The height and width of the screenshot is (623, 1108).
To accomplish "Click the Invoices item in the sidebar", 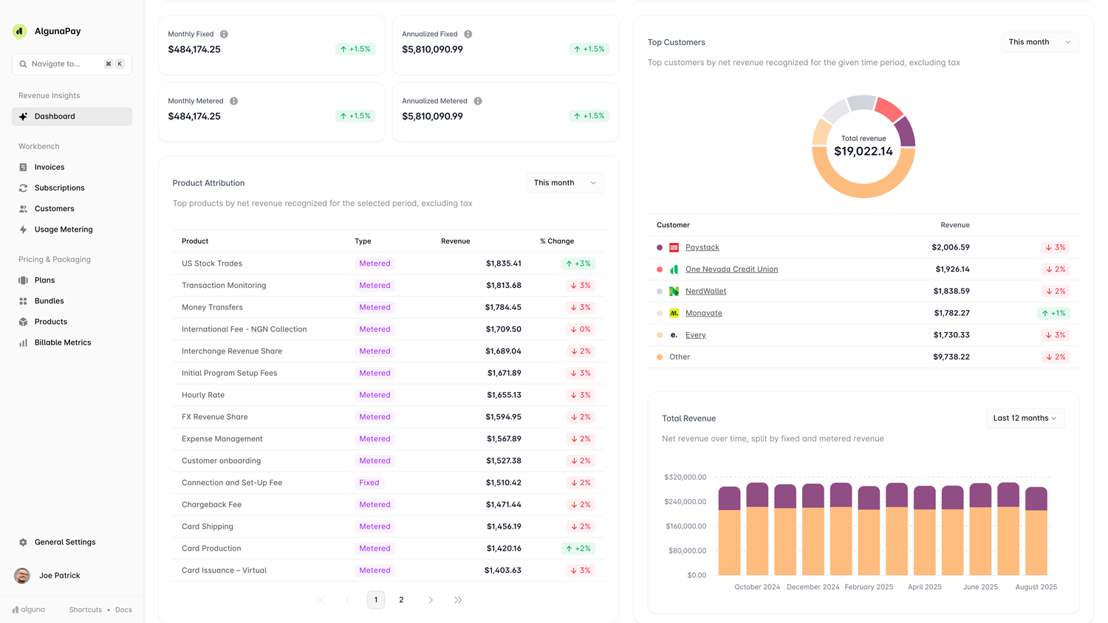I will click(49, 168).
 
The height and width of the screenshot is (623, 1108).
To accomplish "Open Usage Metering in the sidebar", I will click(63, 230).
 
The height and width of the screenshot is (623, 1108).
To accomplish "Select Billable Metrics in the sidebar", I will click(62, 343).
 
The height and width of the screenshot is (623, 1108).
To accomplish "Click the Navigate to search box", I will click(72, 64).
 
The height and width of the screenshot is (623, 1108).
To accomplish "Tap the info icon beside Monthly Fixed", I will click(224, 35).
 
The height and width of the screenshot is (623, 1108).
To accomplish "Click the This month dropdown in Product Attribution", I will click(564, 183).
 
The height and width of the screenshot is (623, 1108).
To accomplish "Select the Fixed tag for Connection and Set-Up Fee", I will click(369, 483).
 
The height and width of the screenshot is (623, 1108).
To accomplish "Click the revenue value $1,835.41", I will click(503, 264).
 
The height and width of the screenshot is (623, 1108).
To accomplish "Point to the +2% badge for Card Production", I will click(578, 548).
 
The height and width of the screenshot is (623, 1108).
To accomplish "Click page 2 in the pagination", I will click(401, 600).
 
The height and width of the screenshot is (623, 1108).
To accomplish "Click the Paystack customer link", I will click(702, 247).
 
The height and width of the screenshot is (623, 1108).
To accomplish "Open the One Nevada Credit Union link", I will click(731, 269).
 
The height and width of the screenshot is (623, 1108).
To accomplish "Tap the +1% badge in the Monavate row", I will click(1053, 313).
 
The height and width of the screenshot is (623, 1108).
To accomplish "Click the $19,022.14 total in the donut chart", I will click(863, 151).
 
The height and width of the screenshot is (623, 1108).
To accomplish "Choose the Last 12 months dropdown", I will click(1025, 419).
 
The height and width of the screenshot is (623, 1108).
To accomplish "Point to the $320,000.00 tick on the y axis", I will click(685, 478).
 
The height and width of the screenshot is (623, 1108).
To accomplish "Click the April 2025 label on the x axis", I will click(924, 587).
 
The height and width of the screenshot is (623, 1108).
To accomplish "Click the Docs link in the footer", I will click(123, 610).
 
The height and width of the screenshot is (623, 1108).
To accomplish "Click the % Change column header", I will click(556, 241).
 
